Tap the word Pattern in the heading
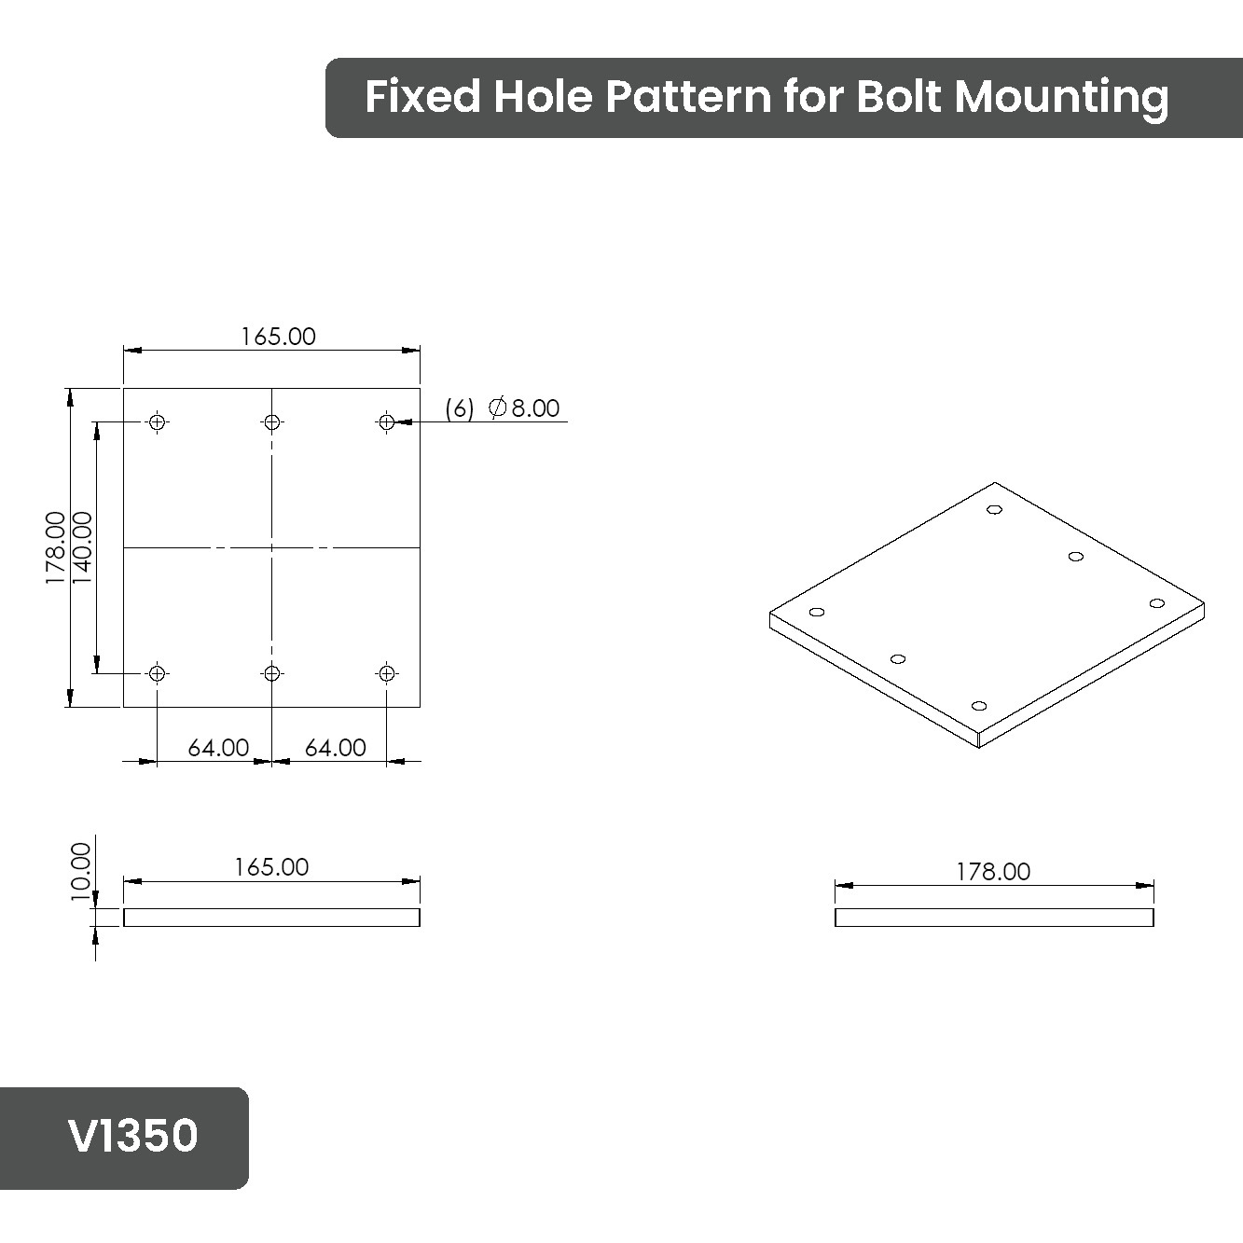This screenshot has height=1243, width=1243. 687,96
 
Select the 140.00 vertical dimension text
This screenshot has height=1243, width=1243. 82,547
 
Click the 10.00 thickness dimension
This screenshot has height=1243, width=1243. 81,872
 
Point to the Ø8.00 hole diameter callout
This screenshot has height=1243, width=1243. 524,408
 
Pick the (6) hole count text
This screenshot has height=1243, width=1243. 460,408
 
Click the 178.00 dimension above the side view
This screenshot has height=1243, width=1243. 993,872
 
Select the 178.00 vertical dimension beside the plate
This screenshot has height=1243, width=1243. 55,547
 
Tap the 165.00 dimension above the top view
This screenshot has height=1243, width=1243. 278,337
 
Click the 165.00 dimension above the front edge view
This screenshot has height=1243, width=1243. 271,867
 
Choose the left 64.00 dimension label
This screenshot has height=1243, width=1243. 218,748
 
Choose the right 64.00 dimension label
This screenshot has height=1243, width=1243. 335,748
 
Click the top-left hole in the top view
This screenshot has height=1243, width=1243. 157,421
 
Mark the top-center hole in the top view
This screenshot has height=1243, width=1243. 271,421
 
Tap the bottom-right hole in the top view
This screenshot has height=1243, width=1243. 386,673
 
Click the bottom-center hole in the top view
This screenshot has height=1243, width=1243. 271,673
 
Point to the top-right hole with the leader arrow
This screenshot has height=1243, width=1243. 386,421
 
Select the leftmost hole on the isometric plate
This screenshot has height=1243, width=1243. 817,612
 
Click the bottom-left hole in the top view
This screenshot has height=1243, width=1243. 157,673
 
